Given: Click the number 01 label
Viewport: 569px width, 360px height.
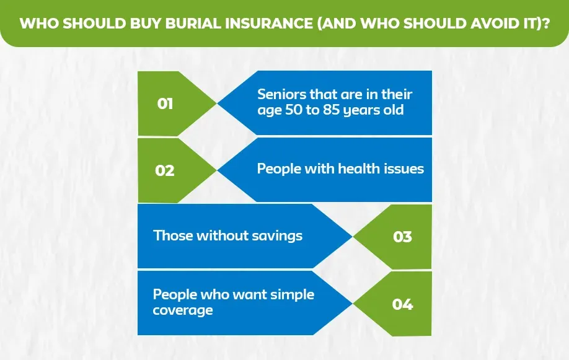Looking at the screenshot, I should tap(165, 103).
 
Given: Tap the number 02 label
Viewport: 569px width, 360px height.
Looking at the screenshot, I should tap(165, 170).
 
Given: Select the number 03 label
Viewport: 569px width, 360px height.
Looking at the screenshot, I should tap(402, 237).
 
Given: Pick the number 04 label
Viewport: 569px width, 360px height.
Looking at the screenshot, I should tap(402, 304).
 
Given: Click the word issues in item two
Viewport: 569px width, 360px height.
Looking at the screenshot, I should tap(403, 169).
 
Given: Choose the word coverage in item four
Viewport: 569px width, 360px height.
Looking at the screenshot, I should tap(183, 310).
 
